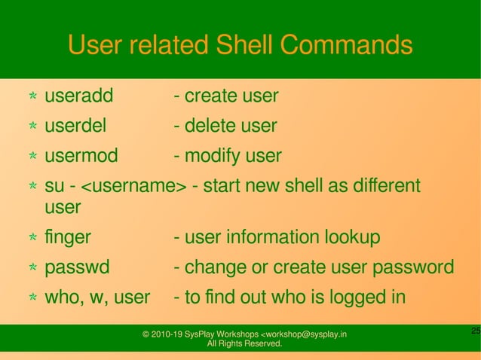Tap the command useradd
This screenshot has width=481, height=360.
click(x=78, y=96)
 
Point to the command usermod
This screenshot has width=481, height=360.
click(x=81, y=156)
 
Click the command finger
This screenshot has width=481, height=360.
click(x=68, y=238)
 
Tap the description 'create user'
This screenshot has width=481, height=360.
click(x=230, y=96)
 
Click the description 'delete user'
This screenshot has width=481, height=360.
click(x=230, y=126)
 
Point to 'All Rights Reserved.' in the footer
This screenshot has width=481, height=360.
click(x=244, y=344)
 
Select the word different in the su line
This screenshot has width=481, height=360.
click(x=381, y=186)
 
